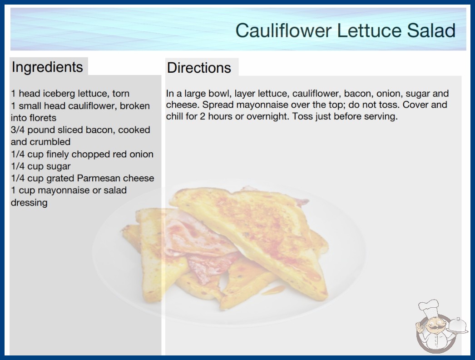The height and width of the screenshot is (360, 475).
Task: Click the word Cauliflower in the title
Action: (x=283, y=30)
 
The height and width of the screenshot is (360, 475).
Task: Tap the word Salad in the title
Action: (x=431, y=30)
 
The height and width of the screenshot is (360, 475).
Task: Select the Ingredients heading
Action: (x=47, y=67)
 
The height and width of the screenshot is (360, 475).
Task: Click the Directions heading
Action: (x=199, y=68)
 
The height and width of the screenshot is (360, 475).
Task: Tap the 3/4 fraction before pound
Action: (x=18, y=130)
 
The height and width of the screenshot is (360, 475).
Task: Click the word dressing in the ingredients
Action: (x=29, y=203)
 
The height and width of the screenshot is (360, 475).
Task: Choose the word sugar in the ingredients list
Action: (x=58, y=166)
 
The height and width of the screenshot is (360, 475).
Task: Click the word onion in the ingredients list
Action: (x=142, y=154)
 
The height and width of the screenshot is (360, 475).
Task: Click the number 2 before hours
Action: (x=202, y=116)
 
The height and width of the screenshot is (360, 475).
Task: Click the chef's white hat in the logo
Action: (x=429, y=308)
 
